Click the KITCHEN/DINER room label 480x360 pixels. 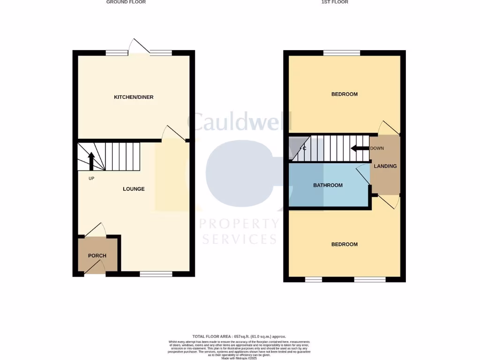tap(134, 97)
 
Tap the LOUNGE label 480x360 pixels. tap(134, 189)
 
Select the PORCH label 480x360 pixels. tap(97, 256)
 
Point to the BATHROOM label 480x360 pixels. tap(328, 185)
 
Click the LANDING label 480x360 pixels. tap(385, 166)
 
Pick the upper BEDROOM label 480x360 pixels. tap(344, 94)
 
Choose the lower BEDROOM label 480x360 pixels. tap(344, 244)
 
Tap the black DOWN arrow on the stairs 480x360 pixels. tap(360, 149)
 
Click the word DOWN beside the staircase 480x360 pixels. tap(377, 149)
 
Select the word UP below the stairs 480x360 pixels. tap(91, 179)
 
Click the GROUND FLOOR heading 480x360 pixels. tap(126, 2)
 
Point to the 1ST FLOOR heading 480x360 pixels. tap(335, 2)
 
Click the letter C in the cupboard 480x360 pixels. tap(304, 149)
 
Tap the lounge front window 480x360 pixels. tap(156, 274)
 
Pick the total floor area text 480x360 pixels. tap(239, 337)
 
